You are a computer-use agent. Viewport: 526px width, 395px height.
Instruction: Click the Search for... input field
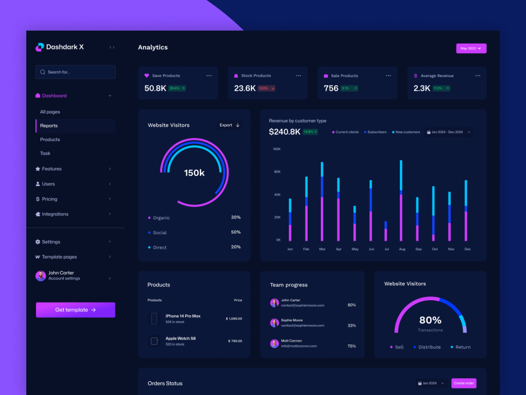[x=75, y=72]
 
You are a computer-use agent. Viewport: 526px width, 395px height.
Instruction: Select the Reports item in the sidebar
[x=49, y=126]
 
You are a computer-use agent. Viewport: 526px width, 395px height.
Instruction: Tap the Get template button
[x=75, y=310]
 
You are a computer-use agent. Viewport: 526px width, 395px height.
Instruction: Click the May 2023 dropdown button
[x=471, y=48]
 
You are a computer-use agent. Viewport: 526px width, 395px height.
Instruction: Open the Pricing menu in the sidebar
[x=50, y=199]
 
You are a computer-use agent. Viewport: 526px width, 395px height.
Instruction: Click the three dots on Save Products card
[x=209, y=76]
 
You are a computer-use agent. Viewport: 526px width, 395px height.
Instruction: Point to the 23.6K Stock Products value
[x=245, y=88]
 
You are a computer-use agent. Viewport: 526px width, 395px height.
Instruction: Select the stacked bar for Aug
[x=401, y=201]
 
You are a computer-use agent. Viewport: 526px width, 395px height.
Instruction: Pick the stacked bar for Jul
[x=386, y=231]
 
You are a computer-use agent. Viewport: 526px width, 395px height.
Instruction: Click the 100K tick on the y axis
[x=277, y=149]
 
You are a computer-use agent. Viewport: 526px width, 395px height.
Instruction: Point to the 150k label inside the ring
[x=194, y=173]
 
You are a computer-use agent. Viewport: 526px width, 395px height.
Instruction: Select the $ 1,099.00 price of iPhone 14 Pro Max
[x=234, y=319]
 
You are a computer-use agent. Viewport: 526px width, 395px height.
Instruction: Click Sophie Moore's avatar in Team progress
[x=274, y=323]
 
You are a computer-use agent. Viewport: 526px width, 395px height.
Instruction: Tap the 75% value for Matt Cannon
[x=351, y=346]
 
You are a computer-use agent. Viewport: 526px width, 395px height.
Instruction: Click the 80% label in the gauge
[x=430, y=320]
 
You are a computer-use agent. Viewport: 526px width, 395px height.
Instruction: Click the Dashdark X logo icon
[x=39, y=47]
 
